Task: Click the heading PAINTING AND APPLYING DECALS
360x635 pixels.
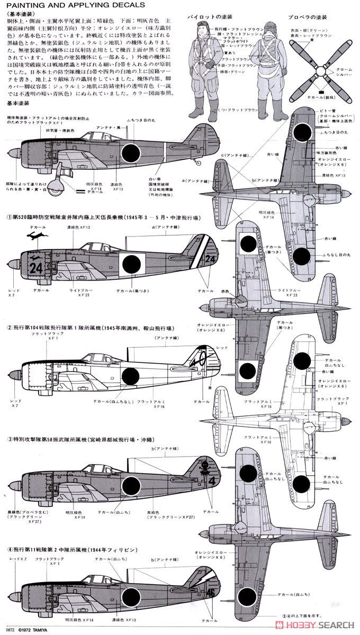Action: click(x=76, y=5)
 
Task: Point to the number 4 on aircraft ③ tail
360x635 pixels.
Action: click(x=212, y=481)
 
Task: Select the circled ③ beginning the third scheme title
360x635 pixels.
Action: click(x=9, y=439)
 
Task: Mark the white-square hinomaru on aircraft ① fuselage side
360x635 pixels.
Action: click(x=131, y=264)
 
